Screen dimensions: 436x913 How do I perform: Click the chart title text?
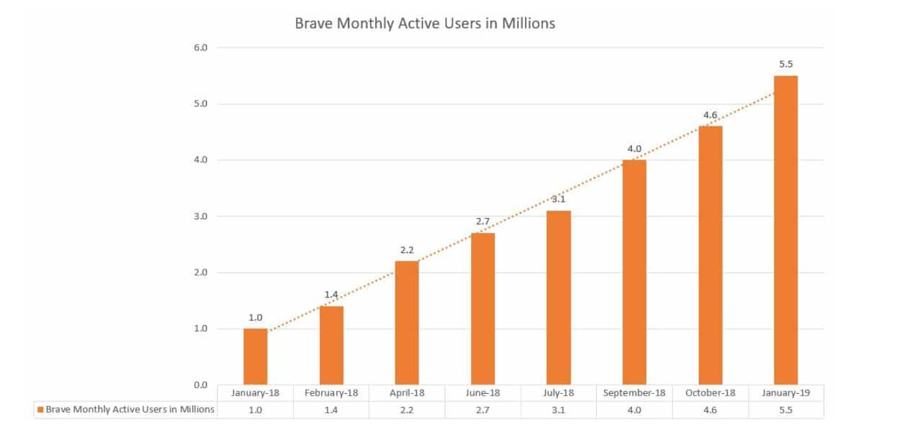click(x=425, y=23)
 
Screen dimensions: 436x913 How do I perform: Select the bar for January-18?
click(x=255, y=356)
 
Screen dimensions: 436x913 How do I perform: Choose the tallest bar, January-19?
click(x=786, y=230)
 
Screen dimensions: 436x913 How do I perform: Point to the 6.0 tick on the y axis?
click(x=200, y=48)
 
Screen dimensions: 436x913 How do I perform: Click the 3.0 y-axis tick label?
click(x=200, y=217)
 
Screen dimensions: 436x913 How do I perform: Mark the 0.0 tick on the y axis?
click(x=200, y=385)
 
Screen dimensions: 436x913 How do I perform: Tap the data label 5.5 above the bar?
click(x=786, y=64)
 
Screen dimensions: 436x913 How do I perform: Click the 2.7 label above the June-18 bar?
click(x=483, y=221)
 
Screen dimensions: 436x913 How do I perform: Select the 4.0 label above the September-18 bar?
click(x=634, y=149)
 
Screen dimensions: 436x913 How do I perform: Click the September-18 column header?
click(x=634, y=393)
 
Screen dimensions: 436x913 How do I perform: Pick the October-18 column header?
click(x=710, y=393)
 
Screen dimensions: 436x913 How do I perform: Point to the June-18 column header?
click(x=483, y=393)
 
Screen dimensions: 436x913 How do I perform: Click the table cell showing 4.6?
click(x=710, y=410)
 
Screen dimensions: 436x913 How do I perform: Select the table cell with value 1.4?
click(x=331, y=410)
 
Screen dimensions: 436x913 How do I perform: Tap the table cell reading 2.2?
click(x=407, y=410)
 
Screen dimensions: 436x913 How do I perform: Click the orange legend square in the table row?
click(x=41, y=410)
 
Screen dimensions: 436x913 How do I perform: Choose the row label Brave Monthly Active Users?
click(x=130, y=410)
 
